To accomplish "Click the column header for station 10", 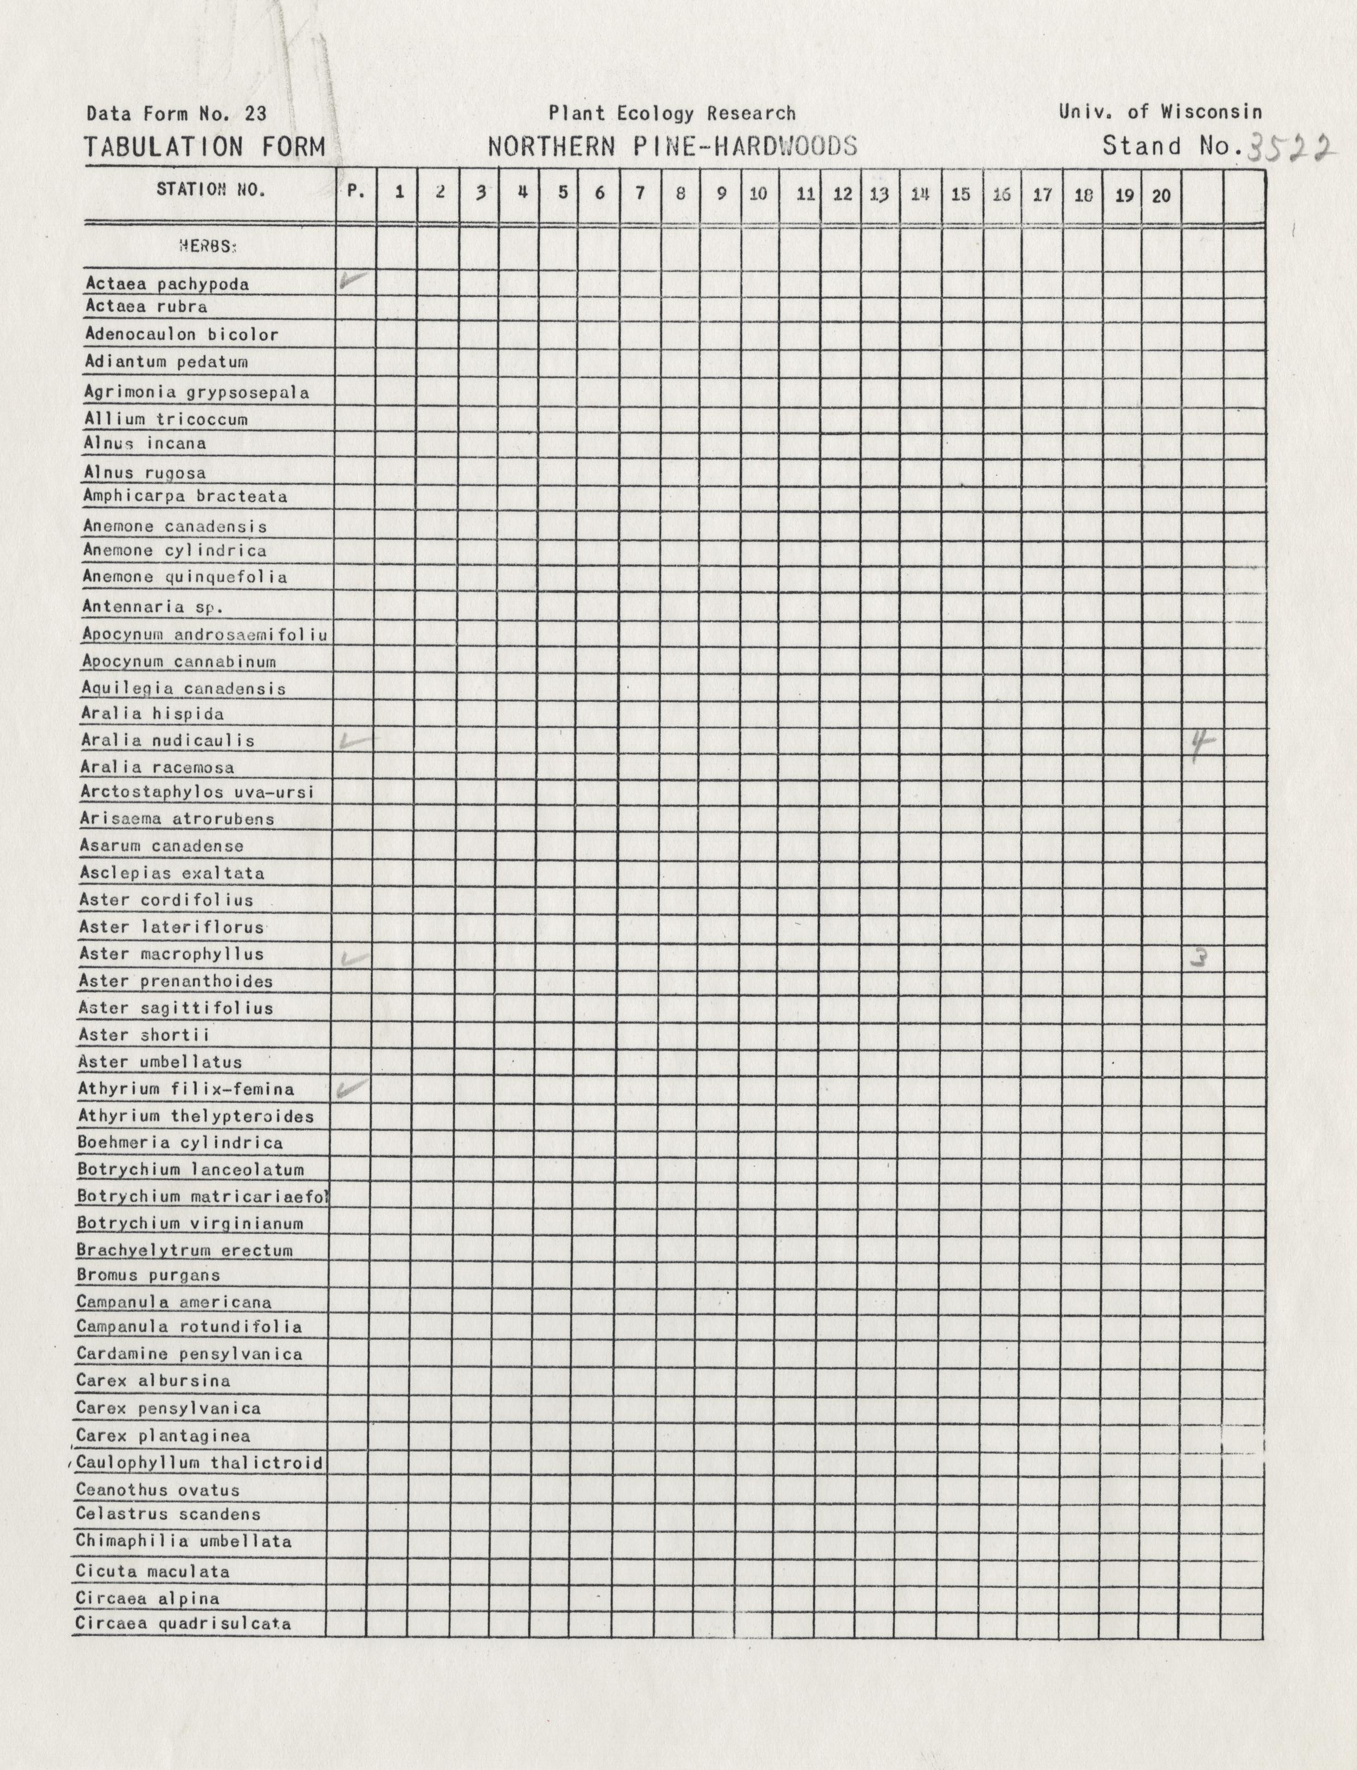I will click(759, 194).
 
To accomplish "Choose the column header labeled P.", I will click(356, 192).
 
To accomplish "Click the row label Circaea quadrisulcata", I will click(183, 1623).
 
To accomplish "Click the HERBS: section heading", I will click(208, 247).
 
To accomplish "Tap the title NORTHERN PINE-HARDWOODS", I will click(672, 146).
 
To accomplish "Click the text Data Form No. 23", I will click(176, 114).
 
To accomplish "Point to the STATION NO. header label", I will click(211, 190).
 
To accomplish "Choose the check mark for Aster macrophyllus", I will click(354, 959).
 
